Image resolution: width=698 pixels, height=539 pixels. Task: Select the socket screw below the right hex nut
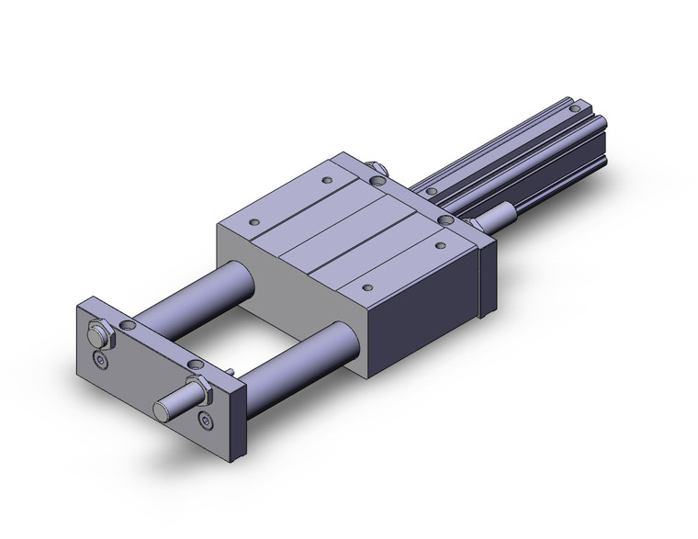(205, 421)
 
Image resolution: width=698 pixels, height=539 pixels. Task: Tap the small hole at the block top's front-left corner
(252, 221)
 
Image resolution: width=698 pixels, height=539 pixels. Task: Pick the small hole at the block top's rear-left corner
(329, 181)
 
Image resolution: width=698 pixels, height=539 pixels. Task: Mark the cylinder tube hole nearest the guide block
(429, 189)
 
